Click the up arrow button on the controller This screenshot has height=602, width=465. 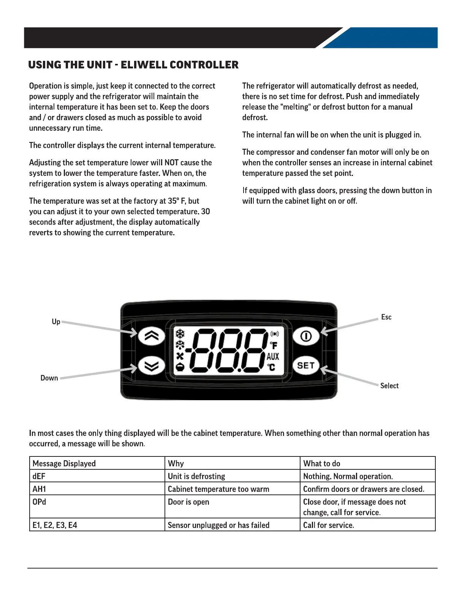point(152,336)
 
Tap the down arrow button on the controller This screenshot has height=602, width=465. point(152,366)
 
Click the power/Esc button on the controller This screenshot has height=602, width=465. point(306,336)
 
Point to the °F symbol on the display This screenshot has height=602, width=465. point(274,345)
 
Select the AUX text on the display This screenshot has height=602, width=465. point(273,356)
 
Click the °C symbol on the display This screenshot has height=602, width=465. point(271,367)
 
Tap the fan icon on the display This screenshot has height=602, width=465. point(180,356)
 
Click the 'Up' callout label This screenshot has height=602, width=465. point(56,322)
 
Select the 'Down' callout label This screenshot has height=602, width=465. point(49,378)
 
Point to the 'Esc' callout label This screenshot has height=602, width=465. point(386,317)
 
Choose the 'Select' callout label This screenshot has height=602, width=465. point(389,386)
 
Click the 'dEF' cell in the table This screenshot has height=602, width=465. point(39,476)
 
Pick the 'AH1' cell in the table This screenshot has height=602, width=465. point(40,489)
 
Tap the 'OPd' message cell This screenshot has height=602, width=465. point(40,502)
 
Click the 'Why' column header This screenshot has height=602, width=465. point(176,463)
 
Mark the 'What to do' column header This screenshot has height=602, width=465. point(322,463)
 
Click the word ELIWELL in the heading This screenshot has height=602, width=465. point(144,65)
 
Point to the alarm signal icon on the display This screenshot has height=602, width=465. point(274,334)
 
